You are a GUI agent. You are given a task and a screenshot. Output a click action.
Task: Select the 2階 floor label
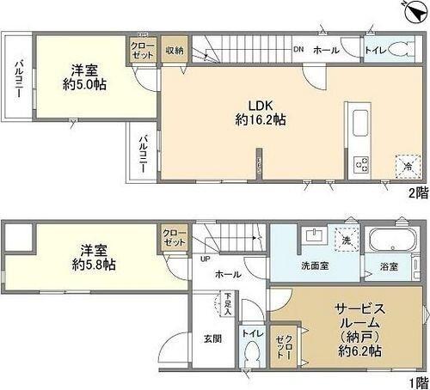tap(417, 192)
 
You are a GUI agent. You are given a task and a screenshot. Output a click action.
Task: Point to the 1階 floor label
tap(417, 381)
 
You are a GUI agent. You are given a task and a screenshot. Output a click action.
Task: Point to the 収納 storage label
tap(175, 50)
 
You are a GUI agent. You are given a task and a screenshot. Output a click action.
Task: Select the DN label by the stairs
tap(298, 48)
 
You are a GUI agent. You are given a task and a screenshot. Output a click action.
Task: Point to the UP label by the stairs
tap(205, 259)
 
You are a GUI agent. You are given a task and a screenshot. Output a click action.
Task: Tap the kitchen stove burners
tap(360, 162)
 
